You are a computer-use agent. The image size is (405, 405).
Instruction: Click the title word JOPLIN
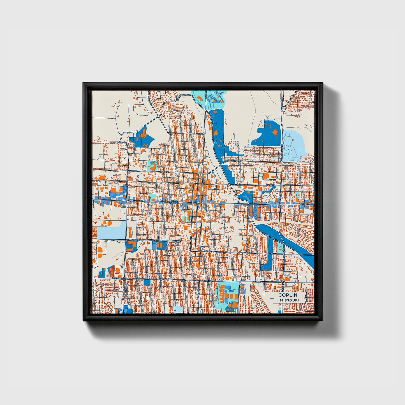pos(288,295)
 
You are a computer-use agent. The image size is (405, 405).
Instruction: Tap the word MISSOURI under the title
pos(289,300)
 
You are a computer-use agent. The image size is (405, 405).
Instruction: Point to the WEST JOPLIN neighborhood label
pos(174,202)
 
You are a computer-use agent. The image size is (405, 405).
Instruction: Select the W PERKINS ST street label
pos(117,143)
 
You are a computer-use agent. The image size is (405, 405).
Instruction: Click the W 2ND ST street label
pos(165,172)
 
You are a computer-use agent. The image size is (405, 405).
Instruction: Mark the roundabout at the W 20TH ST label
pos(123,279)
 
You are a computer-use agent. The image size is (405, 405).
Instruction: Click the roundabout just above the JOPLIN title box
pos(284,279)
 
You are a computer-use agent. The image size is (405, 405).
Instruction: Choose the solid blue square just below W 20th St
pos(147,282)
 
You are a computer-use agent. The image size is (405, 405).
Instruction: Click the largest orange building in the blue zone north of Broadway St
pos(276,132)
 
